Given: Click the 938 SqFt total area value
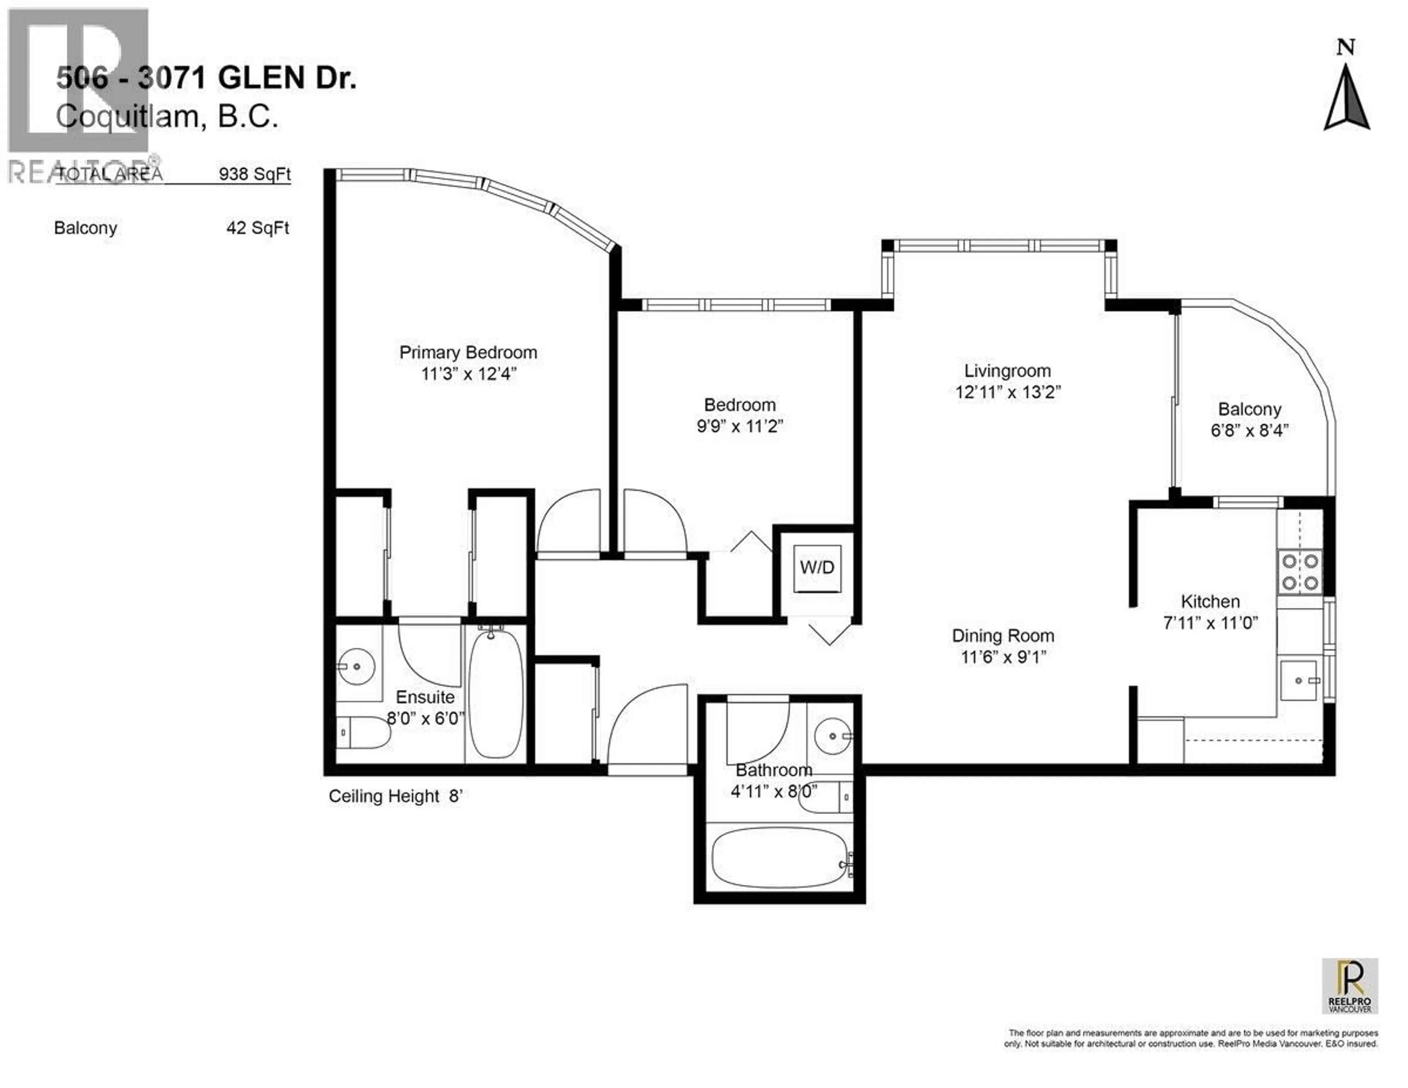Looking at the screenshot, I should (255, 174).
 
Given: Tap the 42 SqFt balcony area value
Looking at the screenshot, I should (258, 228).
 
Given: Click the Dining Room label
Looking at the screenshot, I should (1003, 636).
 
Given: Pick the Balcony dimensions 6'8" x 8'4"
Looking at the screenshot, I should (1249, 431).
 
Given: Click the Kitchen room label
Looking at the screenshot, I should (1210, 602).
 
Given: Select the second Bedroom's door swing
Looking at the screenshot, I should (652, 522).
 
